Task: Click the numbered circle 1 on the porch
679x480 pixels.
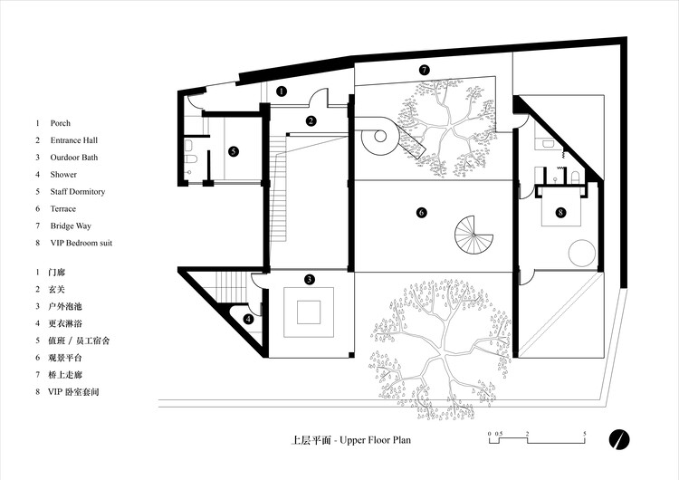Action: point(282,91)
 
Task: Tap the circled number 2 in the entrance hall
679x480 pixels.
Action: point(311,120)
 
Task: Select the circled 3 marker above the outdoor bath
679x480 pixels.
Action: point(309,280)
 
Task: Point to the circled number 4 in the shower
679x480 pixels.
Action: point(248,319)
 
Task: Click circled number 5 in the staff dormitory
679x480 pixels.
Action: point(234,151)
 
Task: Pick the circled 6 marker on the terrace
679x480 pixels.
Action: point(421,213)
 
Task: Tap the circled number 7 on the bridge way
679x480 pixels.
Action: point(424,70)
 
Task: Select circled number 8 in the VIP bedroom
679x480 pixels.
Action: point(560,213)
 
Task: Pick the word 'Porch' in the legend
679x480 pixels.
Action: point(62,123)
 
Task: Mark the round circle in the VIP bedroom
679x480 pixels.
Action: point(581,253)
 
